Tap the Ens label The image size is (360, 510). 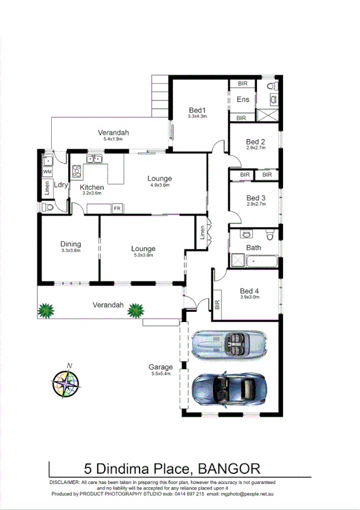[243, 99]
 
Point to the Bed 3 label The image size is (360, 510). [256, 198]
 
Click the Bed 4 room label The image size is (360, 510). [249, 290]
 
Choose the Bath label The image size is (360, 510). [253, 247]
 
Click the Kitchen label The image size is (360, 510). [92, 187]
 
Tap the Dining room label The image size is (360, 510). [70, 244]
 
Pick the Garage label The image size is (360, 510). [161, 367]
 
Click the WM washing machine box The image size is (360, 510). [46, 172]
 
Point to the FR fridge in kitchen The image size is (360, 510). [118, 208]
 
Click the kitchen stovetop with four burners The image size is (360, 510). [76, 173]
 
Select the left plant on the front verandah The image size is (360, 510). [46, 311]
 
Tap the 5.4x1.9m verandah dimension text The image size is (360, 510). [113, 140]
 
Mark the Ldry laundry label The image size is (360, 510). [60, 185]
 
